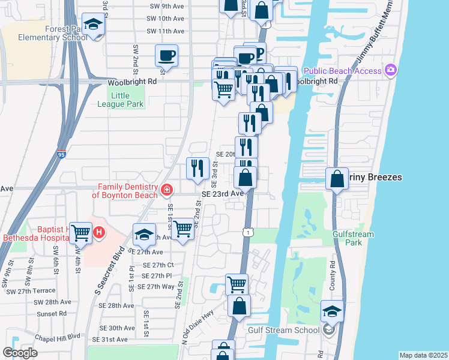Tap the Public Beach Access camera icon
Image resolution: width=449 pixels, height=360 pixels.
pos(391,71)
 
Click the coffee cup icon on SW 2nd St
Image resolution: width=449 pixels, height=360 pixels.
pos(166,56)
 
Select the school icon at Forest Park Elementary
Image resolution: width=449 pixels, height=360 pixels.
pos(93,25)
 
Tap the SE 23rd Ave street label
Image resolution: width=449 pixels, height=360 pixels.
pos(222,193)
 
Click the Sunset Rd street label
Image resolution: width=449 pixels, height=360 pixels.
pos(51,313)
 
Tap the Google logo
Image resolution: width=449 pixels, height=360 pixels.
pos(20,353)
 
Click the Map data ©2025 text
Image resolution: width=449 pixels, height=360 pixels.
pos(423,355)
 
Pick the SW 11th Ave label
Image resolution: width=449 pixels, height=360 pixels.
pos(165,31)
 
